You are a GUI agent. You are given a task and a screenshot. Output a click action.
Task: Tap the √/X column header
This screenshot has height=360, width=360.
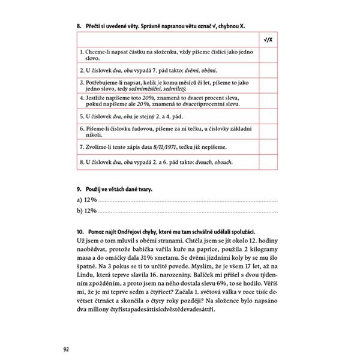(x=268, y=40)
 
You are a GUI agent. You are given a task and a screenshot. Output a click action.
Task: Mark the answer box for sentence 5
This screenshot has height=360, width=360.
(x=268, y=113)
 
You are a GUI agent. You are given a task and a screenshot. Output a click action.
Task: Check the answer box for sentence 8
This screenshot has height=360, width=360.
(x=268, y=162)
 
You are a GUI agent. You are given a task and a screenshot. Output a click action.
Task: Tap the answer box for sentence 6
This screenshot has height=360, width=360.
(x=268, y=130)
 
